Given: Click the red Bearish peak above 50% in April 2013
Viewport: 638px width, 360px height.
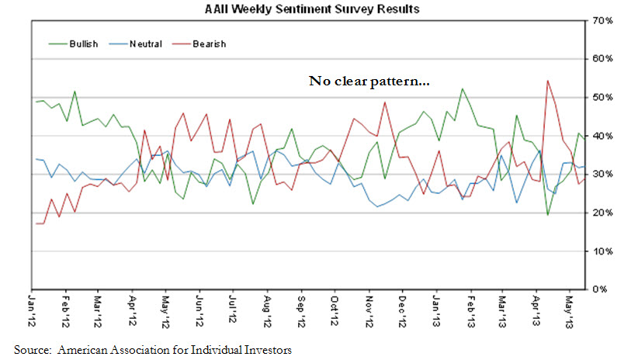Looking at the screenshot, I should coord(548,81).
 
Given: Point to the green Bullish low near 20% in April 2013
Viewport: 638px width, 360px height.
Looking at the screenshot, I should coord(548,214).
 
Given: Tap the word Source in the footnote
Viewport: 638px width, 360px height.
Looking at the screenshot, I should coord(31,350).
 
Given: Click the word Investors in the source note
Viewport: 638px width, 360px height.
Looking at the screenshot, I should coord(268,350).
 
